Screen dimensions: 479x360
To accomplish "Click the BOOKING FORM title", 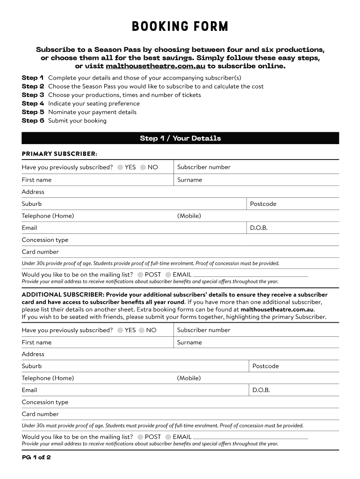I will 180,27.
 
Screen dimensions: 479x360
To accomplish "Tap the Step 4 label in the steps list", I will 33,103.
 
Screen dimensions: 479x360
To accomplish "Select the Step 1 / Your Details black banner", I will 180,138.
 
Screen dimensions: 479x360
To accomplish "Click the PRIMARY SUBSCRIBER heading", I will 59,154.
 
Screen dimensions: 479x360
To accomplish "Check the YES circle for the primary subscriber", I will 121,167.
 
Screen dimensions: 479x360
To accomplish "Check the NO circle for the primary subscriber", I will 143,167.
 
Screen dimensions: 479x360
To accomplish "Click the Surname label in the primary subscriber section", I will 190,180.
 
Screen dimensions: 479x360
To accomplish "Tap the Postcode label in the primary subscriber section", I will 263,204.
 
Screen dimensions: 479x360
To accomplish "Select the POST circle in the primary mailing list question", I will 140,275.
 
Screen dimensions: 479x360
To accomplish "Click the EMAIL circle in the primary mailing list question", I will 168,275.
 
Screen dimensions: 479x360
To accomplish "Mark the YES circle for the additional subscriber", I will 121,330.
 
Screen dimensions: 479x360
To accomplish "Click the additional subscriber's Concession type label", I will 45,402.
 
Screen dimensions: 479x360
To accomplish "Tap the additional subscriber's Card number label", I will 40,414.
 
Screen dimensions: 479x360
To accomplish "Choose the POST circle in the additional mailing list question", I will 140,437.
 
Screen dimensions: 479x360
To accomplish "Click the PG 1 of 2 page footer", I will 36,457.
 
